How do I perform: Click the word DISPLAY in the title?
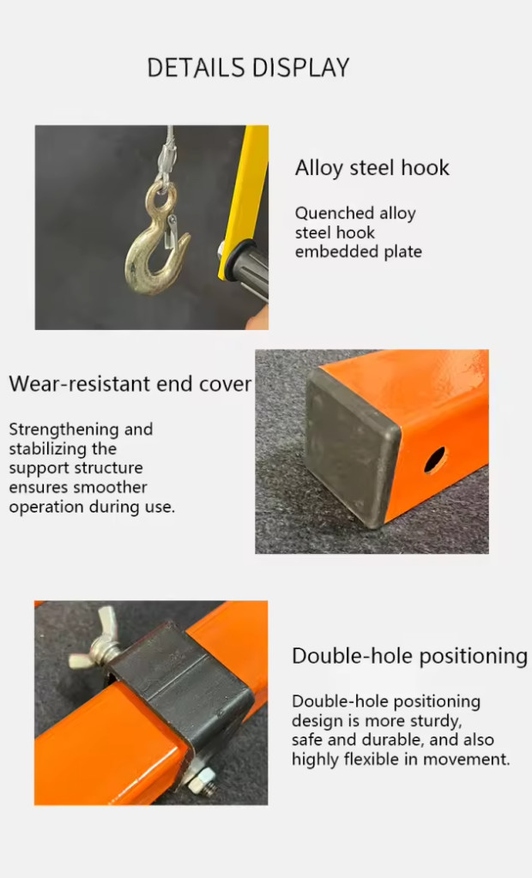click(x=300, y=68)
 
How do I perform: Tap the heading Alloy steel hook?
click(x=372, y=168)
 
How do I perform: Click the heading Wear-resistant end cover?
click(x=130, y=384)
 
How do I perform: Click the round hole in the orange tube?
click(x=435, y=460)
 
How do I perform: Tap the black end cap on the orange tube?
click(x=350, y=447)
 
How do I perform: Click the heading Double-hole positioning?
click(x=410, y=656)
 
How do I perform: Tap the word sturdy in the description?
click(x=432, y=721)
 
